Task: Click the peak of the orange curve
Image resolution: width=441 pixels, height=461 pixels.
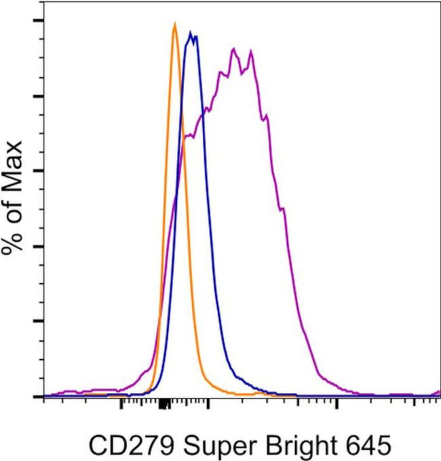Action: [175, 24]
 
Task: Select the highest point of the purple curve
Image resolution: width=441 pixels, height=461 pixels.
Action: [233, 49]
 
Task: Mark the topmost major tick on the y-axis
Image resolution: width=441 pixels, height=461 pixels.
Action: [38, 20]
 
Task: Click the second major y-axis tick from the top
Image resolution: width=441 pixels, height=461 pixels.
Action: [38, 96]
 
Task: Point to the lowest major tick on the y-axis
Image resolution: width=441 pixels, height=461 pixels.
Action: [38, 396]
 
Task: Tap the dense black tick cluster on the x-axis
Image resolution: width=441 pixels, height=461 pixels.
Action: [164, 405]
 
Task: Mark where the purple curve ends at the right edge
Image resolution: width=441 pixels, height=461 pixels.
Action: [438, 393]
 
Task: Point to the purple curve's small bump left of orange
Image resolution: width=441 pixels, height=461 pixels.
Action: [145, 372]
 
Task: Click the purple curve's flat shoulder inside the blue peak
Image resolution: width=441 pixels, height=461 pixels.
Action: [189, 136]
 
